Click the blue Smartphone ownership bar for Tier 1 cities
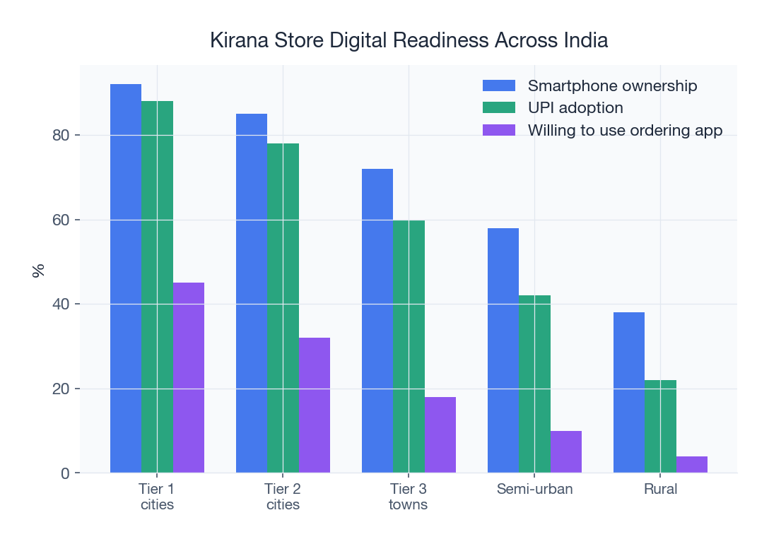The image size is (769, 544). (126, 278)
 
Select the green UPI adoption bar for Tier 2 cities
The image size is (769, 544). (283, 308)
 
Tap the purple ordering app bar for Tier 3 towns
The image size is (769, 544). (440, 434)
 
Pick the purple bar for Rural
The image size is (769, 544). (691, 464)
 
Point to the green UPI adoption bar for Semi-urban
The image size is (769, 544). (534, 384)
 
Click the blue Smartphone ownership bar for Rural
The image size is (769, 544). (628, 392)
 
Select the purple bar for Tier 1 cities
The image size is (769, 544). (189, 377)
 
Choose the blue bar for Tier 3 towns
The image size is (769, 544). (377, 321)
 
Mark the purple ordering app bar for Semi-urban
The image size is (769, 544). (565, 451)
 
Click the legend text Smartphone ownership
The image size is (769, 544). (612, 85)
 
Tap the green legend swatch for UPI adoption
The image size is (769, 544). (500, 108)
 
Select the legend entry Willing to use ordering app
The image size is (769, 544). (625, 130)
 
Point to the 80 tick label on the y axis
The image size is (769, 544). (61, 135)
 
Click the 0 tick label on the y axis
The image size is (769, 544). (65, 473)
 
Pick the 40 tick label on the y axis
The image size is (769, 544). (61, 304)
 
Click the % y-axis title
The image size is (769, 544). (38, 269)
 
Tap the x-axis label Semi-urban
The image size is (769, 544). (534, 489)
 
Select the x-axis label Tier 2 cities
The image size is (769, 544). (283, 497)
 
